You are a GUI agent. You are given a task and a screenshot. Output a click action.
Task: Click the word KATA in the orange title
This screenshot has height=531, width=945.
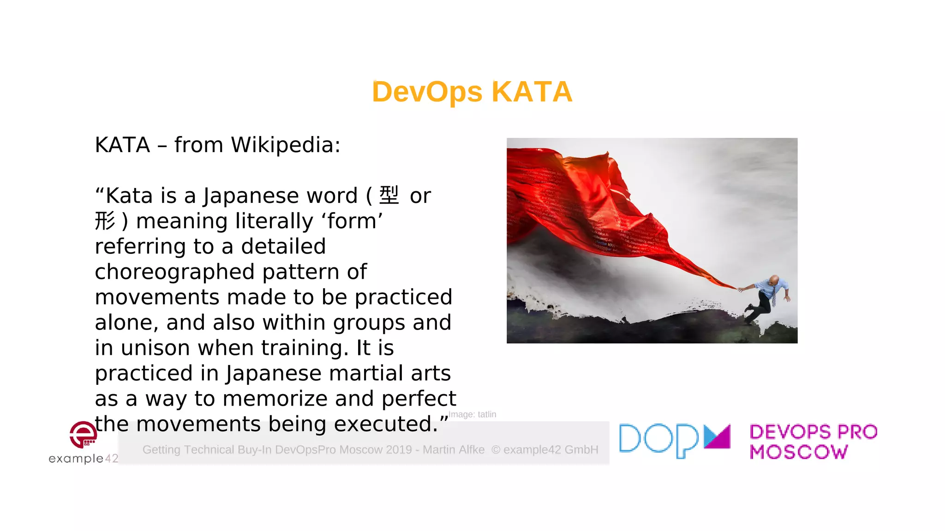point(532,92)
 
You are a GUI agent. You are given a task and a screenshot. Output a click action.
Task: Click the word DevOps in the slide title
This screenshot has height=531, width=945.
point(427,92)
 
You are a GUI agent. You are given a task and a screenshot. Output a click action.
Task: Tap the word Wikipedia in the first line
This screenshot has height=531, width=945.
point(285,145)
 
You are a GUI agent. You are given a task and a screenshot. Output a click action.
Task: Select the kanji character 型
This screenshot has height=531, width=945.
point(389,195)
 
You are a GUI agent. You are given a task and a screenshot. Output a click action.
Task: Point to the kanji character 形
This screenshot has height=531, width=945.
point(105,221)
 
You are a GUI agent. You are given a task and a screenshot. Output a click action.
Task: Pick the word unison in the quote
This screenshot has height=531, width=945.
point(155,348)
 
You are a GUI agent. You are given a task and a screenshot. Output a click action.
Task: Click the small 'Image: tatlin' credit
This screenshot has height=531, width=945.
point(472,414)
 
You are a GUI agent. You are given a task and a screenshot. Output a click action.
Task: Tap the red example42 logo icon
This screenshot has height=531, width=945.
point(83,434)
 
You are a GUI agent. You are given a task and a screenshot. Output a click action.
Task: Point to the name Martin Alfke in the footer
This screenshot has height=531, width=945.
point(454,450)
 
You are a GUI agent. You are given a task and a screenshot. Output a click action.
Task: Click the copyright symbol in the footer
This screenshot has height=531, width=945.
point(496,450)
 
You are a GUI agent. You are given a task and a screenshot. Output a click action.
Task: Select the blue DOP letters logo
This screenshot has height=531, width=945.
point(658,440)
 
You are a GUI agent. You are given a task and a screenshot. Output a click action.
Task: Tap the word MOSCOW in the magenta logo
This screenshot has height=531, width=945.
point(799,452)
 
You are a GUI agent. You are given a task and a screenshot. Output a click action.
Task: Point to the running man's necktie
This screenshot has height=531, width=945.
point(774,297)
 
